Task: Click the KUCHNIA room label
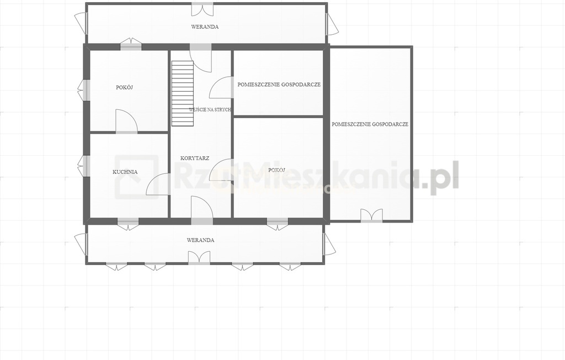pos(125,172)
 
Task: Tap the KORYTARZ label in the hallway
pos(195,158)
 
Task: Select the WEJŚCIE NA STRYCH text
pos(210,110)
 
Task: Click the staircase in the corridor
pos(183,93)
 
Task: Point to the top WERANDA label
pos(205,27)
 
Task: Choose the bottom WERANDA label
pos(200,240)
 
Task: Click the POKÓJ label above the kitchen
pos(125,87)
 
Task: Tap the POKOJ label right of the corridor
pos(277,170)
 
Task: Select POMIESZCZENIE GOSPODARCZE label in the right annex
pos(370,124)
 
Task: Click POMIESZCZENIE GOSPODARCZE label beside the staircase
pos(279,84)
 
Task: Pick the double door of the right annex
pos(371,215)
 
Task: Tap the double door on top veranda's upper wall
pos(202,9)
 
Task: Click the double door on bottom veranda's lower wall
pos(199,257)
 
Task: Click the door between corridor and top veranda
pos(201,58)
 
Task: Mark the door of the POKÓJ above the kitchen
pos(126,121)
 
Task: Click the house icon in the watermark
pos(137,177)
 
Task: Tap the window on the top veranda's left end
pos(82,23)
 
